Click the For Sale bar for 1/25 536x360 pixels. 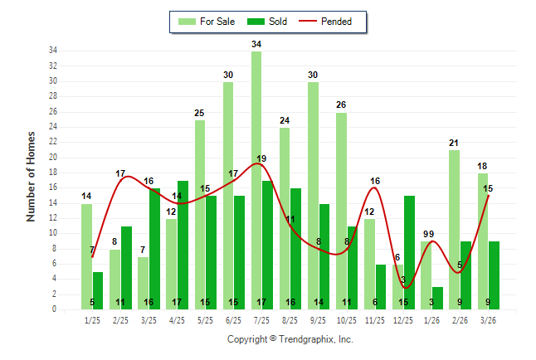coord(86,256)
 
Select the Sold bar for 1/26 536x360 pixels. coord(438,298)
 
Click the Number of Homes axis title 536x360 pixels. coord(31,176)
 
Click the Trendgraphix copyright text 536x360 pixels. coord(290,339)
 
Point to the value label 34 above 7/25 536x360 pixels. coord(256,43)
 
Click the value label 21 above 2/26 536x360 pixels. coord(454,143)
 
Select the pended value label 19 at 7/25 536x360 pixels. coord(261,158)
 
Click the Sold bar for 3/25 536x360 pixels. coord(154,248)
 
